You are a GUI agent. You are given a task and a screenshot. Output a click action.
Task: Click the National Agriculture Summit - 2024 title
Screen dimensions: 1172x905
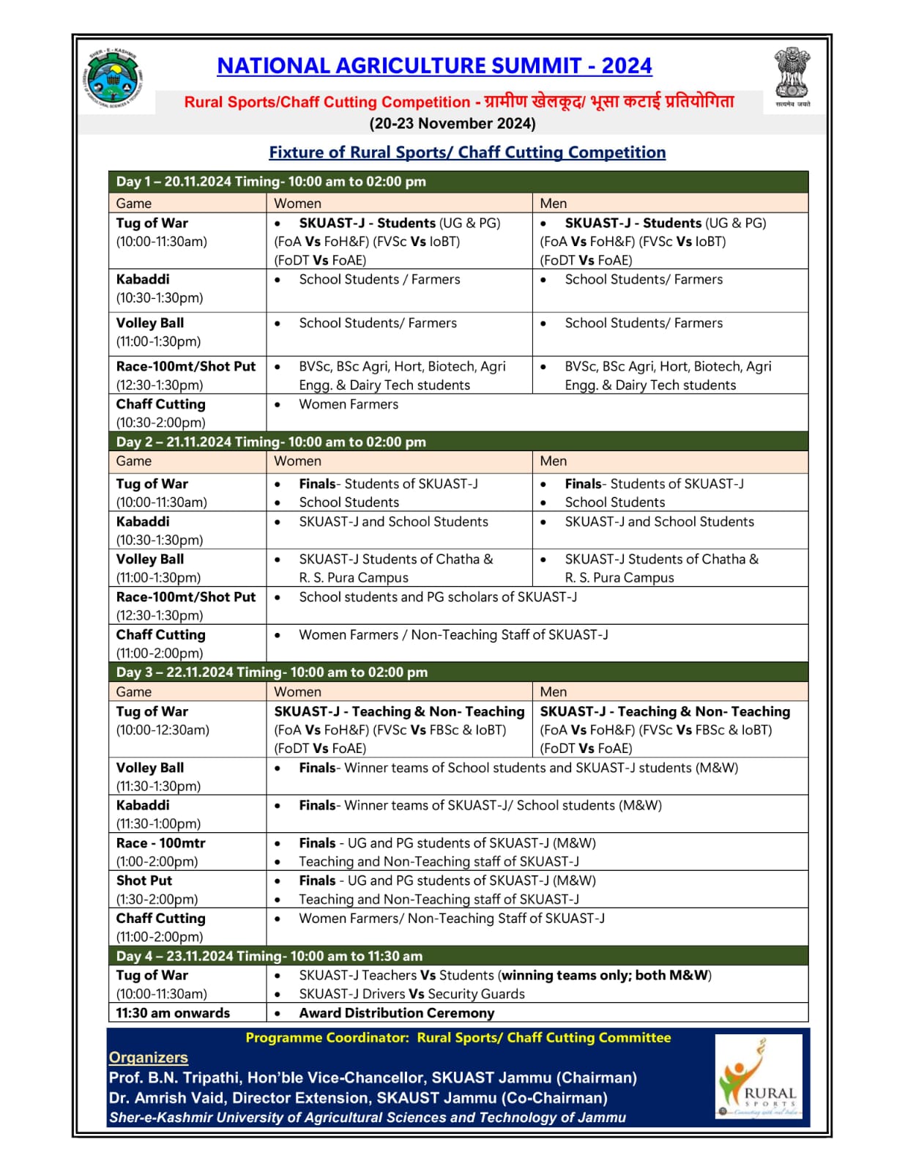tap(434, 66)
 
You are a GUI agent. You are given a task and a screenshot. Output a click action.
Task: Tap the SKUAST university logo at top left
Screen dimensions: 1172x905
tap(113, 78)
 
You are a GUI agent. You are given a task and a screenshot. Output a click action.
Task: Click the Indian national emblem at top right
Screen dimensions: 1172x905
tap(792, 76)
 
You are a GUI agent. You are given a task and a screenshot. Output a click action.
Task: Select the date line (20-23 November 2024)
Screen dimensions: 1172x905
tap(452, 123)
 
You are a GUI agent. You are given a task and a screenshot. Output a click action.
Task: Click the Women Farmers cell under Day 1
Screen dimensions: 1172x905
tap(349, 404)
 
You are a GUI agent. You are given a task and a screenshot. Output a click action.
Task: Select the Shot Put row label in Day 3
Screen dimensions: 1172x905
tap(144, 880)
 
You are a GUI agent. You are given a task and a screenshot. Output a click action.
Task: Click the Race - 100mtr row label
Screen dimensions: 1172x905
tap(161, 843)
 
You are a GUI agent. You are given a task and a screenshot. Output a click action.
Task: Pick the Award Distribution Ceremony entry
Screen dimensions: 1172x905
tap(396, 1013)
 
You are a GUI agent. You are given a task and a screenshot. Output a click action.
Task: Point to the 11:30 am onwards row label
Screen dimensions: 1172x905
tap(173, 1013)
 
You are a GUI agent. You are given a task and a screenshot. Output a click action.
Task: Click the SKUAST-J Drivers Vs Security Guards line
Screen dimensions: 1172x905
tap(411, 994)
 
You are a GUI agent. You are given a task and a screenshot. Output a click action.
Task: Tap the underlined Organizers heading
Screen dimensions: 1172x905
tap(149, 1057)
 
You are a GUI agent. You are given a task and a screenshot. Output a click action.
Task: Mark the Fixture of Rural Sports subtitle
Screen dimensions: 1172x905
tap(467, 152)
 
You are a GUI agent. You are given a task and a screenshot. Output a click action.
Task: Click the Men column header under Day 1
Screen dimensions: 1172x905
tap(554, 203)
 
